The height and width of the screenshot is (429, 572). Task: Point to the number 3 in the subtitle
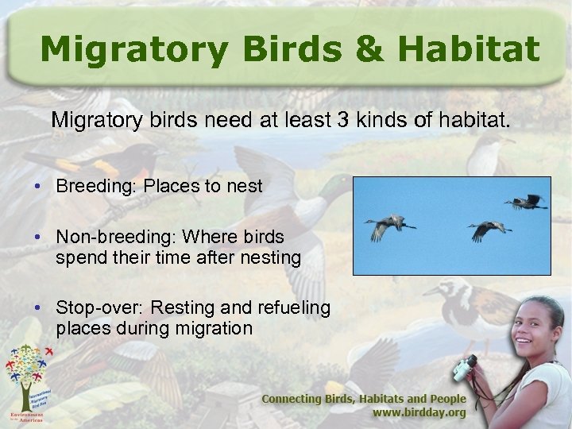[342, 121]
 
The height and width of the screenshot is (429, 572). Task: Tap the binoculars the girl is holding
[465, 367]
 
